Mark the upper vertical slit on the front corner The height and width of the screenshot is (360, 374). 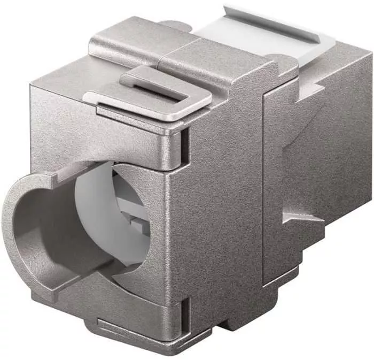184,144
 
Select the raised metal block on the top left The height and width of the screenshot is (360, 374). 128,45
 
